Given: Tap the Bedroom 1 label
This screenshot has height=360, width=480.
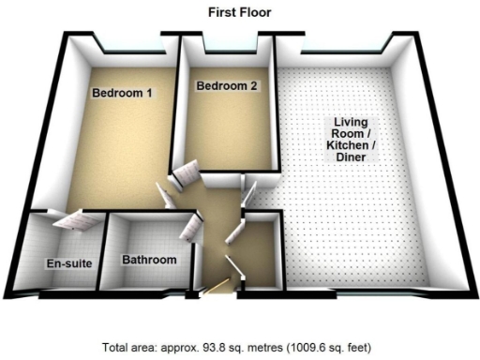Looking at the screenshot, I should (122, 93).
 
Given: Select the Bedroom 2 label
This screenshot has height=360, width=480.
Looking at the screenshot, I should (226, 87).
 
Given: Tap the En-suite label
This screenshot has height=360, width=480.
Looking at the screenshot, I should (69, 263).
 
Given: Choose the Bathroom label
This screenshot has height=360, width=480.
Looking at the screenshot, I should (149, 260).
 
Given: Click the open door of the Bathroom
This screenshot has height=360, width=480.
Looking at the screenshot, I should (193, 226).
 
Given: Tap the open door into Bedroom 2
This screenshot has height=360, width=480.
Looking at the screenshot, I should (184, 172).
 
